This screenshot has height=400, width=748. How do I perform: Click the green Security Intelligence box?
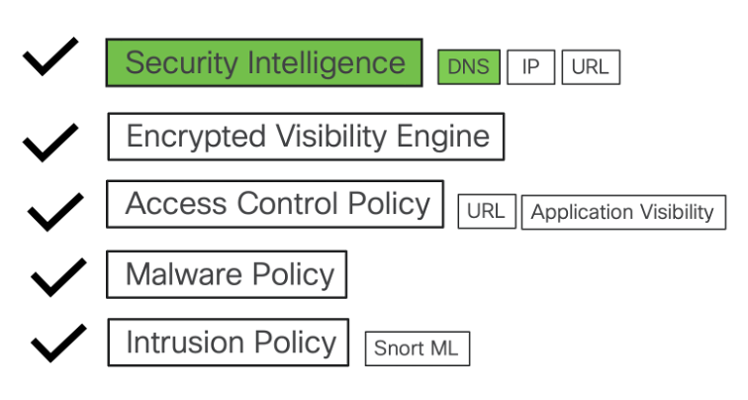click(264, 62)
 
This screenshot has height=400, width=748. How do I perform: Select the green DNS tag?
click(469, 66)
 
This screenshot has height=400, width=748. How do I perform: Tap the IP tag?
click(530, 66)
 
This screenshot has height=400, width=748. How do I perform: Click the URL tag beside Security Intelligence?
click(591, 66)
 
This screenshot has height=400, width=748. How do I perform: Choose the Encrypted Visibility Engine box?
click(306, 137)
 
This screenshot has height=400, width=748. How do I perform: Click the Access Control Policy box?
click(275, 204)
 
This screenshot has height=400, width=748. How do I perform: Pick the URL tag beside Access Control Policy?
click(487, 211)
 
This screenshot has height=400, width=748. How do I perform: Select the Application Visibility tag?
click(623, 212)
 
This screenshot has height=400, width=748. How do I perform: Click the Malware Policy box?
click(227, 274)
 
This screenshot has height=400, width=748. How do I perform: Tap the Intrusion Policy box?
click(228, 343)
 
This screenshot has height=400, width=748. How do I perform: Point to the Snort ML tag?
click(418, 349)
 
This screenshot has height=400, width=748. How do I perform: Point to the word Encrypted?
click(196, 138)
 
